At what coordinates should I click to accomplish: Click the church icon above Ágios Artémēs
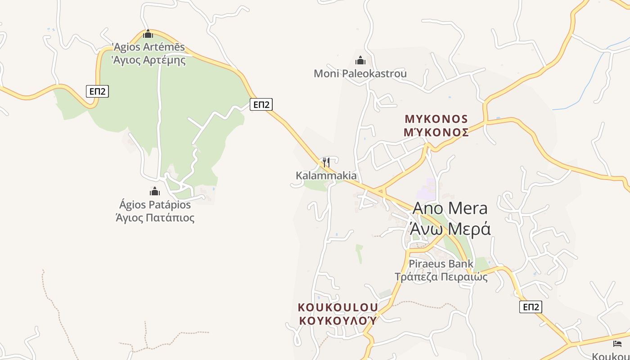148,34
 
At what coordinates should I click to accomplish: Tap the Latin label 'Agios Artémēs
148,47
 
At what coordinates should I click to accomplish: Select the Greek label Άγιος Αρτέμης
148,60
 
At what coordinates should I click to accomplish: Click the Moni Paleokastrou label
360,73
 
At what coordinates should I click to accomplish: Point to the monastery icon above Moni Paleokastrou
360,60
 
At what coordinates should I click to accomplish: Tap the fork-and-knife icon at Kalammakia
326,162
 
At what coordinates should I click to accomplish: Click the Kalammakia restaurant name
326,175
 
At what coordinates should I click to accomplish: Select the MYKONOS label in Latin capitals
436,119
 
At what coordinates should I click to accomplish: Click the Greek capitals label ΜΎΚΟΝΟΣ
436,132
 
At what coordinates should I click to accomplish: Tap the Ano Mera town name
450,208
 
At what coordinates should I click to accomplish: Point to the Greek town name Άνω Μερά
450,229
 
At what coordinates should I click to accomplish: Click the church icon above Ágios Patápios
155,192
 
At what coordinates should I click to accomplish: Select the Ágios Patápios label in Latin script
155,205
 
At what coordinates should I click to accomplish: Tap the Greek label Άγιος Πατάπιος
155,218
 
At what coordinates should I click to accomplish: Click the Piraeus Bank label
441,264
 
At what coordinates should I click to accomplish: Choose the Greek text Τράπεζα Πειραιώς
441,277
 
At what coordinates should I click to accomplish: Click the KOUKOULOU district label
338,307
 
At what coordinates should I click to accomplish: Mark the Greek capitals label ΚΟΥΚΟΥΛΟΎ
338,321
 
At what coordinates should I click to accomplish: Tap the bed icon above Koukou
617,344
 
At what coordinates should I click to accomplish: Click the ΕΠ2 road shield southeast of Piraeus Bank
531,307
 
